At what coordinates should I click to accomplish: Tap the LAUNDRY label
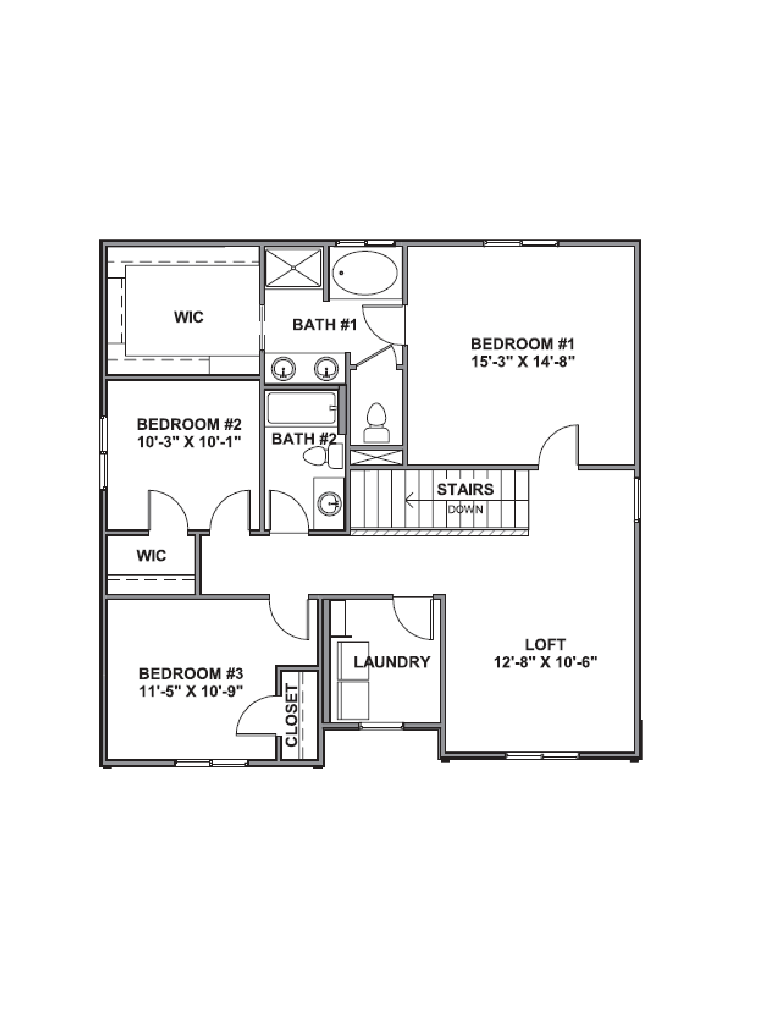tap(392, 662)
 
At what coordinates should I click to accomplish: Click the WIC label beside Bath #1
tap(189, 317)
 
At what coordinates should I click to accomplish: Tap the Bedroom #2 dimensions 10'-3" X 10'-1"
tap(189, 442)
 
